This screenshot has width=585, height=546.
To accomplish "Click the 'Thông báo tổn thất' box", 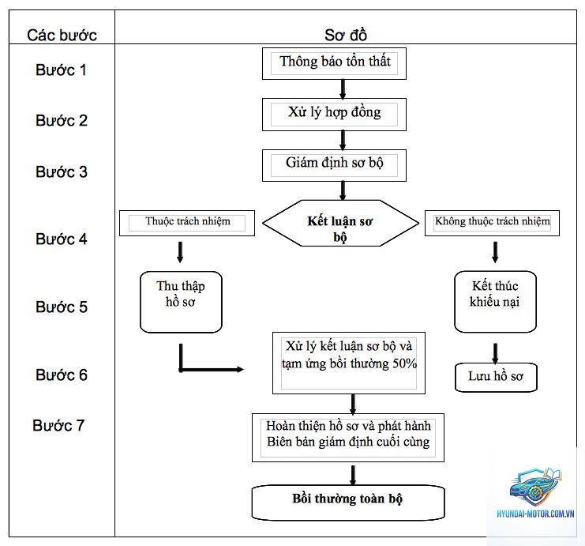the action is coord(334,63).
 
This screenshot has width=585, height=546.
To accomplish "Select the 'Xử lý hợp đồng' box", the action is coord(334,115).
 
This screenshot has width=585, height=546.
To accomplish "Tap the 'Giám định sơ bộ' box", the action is coord(334,165).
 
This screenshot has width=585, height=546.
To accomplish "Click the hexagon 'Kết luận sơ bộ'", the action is coord(340,224).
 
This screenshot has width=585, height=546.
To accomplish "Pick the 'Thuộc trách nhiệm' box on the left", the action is coord(187,223).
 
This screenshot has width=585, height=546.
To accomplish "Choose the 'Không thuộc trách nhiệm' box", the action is coord(492,223).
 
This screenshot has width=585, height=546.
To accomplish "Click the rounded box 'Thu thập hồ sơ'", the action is coord(181,302).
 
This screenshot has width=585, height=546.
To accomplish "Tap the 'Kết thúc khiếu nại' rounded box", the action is coord(496,302).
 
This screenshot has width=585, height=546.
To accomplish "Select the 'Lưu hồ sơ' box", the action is coord(496,377).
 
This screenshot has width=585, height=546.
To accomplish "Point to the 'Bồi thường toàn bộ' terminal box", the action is coord(348,503).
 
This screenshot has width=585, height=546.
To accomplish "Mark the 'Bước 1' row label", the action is coord(62,70).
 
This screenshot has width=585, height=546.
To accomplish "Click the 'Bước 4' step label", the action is coord(62,239).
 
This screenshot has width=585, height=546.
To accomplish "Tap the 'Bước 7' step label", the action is coord(58,425).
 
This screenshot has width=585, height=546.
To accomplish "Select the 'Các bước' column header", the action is coord(62,35).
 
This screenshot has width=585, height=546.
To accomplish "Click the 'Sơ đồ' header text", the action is coord(346,35).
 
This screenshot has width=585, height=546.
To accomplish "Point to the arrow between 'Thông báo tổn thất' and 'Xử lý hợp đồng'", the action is coord(343,89).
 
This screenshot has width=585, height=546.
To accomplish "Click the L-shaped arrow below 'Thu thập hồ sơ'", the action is coord(181,369).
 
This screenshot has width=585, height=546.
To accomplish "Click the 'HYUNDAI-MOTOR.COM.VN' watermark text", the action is coord(535,514).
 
